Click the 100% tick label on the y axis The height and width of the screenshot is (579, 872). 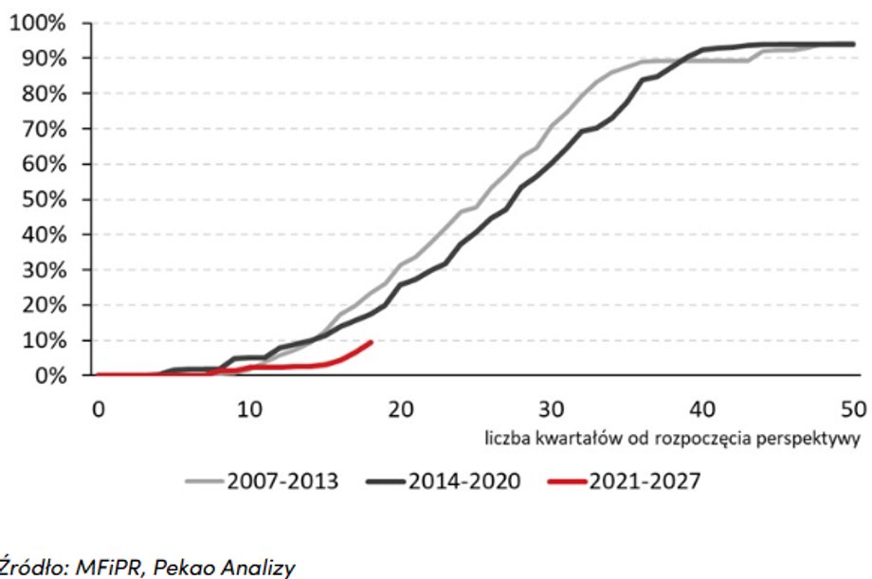pyautogui.click(x=39, y=23)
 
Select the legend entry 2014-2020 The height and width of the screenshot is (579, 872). pyautogui.click(x=464, y=481)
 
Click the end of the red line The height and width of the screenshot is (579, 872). pyautogui.click(x=371, y=341)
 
